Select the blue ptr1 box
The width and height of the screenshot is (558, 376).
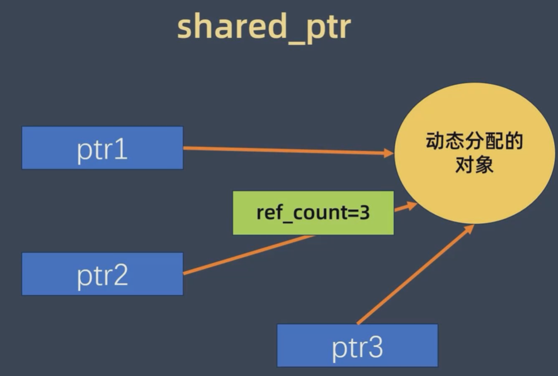click(103, 148)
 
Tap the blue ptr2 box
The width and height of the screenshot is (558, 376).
click(103, 274)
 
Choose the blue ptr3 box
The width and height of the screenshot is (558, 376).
click(357, 346)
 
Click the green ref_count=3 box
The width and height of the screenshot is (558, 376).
click(313, 213)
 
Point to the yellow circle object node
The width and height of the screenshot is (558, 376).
click(474, 153)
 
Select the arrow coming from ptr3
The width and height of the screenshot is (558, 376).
click(413, 274)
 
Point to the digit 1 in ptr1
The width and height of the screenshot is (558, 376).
click(121, 149)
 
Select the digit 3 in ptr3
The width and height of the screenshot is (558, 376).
click(375, 348)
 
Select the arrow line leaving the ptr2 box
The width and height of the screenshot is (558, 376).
click(245, 255)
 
